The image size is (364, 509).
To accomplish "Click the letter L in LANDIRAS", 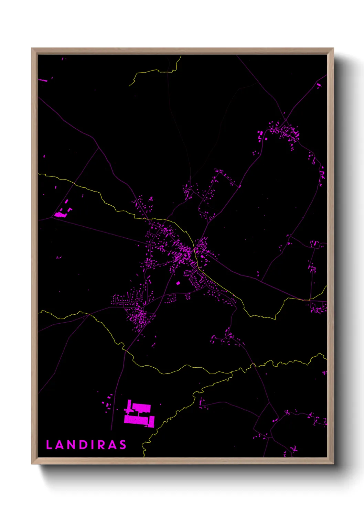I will click(x=49, y=445).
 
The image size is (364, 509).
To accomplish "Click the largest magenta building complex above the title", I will click(x=139, y=414).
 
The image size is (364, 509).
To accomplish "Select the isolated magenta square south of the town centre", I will click(x=178, y=283).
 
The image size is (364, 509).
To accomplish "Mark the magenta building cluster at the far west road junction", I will click(x=61, y=214).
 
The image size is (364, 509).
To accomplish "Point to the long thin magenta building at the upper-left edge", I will click(x=43, y=80).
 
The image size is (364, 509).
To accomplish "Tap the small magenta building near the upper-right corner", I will click(x=319, y=85).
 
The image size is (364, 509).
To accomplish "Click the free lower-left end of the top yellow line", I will click(x=129, y=86).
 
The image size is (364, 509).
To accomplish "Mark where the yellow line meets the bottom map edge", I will click(x=144, y=457).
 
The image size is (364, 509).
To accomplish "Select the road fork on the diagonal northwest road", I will click(x=99, y=148).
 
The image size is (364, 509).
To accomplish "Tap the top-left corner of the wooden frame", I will click(x=32, y=48).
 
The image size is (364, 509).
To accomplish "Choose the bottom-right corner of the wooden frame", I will click(x=333, y=464).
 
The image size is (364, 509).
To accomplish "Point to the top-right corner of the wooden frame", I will click(x=333, y=48).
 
